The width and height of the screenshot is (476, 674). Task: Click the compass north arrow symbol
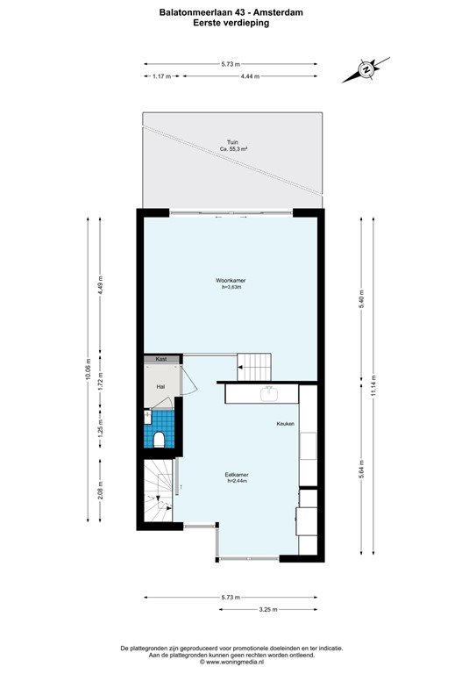tap(367, 68)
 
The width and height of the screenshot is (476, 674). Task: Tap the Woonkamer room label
tap(231, 281)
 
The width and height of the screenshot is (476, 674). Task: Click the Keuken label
tap(286, 424)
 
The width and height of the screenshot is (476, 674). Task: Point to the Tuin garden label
tap(231, 142)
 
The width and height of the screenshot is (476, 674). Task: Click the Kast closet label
tap(161, 359)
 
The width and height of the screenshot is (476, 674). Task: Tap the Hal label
tap(160, 386)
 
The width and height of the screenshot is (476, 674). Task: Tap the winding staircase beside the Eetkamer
tap(159, 493)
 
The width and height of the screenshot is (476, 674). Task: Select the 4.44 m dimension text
tap(248, 76)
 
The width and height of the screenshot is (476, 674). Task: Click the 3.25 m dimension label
tap(268, 609)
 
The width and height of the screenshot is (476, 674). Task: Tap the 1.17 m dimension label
tap(160, 76)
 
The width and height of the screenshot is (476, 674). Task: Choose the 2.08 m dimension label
tap(101, 489)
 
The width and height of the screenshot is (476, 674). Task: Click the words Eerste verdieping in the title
tap(231, 24)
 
